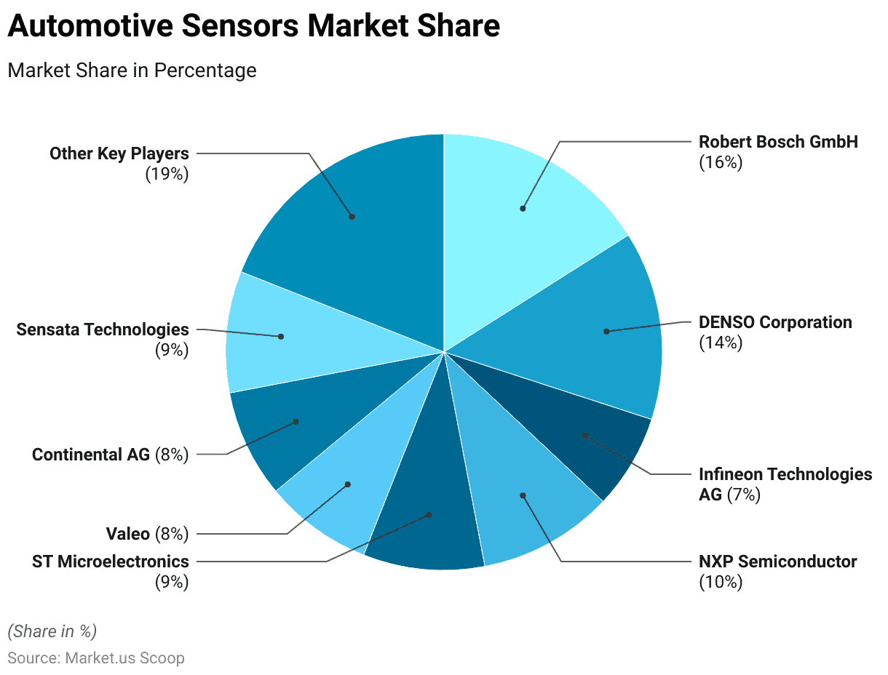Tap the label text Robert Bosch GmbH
tap(778, 142)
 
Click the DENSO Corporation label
tap(774, 322)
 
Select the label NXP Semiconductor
tap(777, 562)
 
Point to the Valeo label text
tap(128, 535)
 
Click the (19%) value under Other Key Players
tap(167, 174)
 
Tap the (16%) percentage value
tap(720, 162)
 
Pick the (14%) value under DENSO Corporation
tap(720, 343)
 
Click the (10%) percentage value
tap(720, 582)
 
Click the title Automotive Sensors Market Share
tap(253, 26)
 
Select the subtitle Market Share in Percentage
tap(132, 71)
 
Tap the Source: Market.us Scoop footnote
tap(96, 658)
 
